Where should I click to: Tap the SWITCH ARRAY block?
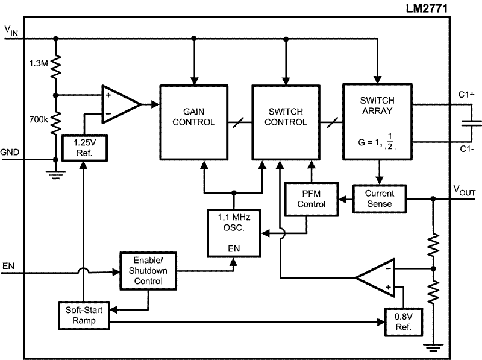[x=377, y=121]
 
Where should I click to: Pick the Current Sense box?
[x=378, y=198]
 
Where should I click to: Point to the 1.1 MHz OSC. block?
[x=234, y=232]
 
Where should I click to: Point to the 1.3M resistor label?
[x=39, y=62]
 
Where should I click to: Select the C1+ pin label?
[x=466, y=95]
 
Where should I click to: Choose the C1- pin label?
[x=466, y=150]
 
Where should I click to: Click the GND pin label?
[x=11, y=152]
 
